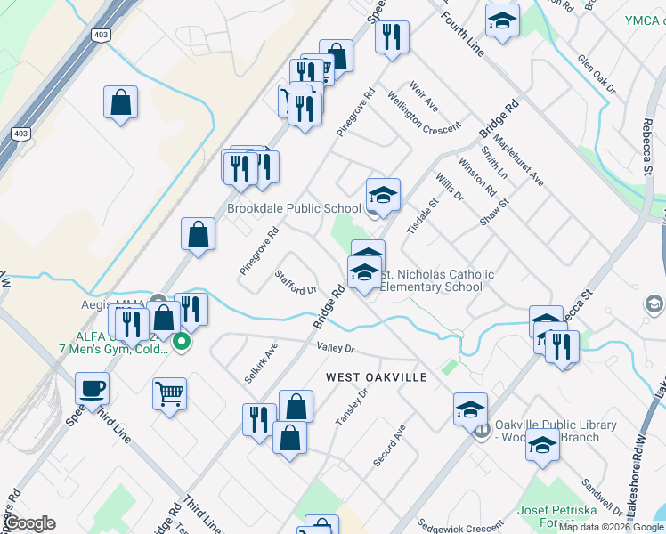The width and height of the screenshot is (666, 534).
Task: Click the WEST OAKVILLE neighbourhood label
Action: (376, 377)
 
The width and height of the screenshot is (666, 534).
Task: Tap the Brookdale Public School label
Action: (294, 209)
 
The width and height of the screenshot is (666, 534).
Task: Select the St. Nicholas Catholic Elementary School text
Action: (436, 281)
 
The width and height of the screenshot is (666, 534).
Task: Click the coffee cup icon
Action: (93, 388)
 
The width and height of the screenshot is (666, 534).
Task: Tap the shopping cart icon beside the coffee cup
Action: (169, 392)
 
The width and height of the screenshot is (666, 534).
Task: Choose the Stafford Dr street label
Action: (296, 283)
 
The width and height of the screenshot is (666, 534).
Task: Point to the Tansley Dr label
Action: (350, 406)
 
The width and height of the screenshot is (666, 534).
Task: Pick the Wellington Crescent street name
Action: (425, 114)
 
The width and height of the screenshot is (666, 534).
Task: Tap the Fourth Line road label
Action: (462, 33)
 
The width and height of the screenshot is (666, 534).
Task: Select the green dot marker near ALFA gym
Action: (181, 341)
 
